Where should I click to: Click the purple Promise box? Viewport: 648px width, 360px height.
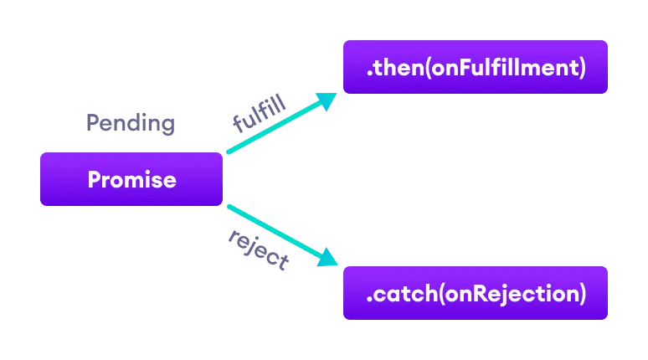[131, 179]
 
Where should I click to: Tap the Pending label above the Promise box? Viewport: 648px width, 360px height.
[131, 124]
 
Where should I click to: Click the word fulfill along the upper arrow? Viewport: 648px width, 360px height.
[259, 114]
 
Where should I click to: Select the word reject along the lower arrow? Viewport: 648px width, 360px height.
[258, 249]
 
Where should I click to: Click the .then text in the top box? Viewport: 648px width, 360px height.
[395, 68]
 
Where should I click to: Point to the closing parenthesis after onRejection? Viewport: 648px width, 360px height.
[581, 294]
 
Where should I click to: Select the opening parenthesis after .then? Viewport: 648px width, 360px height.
[428, 68]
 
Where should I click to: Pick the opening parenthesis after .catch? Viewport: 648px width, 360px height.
[429, 294]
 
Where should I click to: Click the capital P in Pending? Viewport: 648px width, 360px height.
[92, 124]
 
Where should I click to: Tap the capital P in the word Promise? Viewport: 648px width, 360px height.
[94, 179]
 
